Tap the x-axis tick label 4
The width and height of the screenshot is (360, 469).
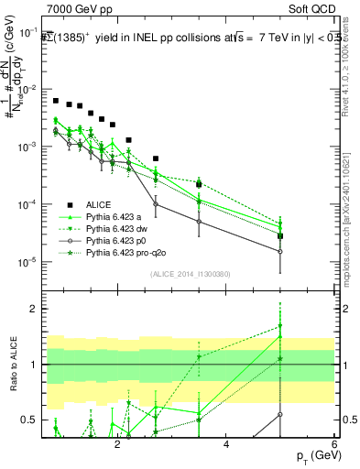226,443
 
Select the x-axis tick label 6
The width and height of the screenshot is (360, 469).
334,443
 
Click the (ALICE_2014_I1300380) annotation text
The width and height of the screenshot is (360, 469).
190,274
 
